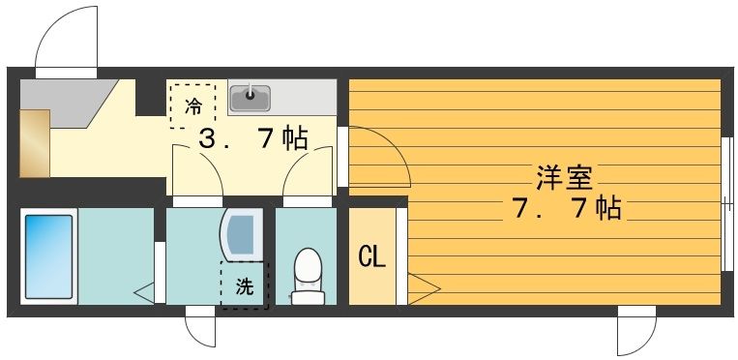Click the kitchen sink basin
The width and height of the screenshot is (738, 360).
pyautogui.click(x=251, y=97)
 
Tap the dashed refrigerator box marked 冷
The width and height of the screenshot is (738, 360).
pyautogui.click(x=193, y=105)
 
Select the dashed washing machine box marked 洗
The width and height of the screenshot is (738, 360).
pyautogui.click(x=243, y=285)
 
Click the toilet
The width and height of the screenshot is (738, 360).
pyautogui.click(x=308, y=275)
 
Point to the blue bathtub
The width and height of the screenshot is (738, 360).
pyautogui.click(x=48, y=256)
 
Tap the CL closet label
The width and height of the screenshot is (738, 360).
pyautogui.click(x=372, y=257)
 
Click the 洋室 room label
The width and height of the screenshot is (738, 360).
pyautogui.click(x=565, y=178)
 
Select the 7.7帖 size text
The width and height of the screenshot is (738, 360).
pyautogui.click(x=565, y=208)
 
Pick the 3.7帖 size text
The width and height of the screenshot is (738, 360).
pyautogui.click(x=252, y=139)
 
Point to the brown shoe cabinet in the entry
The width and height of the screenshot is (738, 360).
pyautogui.click(x=34, y=143)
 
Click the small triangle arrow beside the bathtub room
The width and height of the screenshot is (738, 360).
pyautogui.click(x=143, y=289)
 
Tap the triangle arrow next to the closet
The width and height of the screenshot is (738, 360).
pyautogui.click(x=423, y=287)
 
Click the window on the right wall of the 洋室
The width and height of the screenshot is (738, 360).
pyautogui.click(x=724, y=203)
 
